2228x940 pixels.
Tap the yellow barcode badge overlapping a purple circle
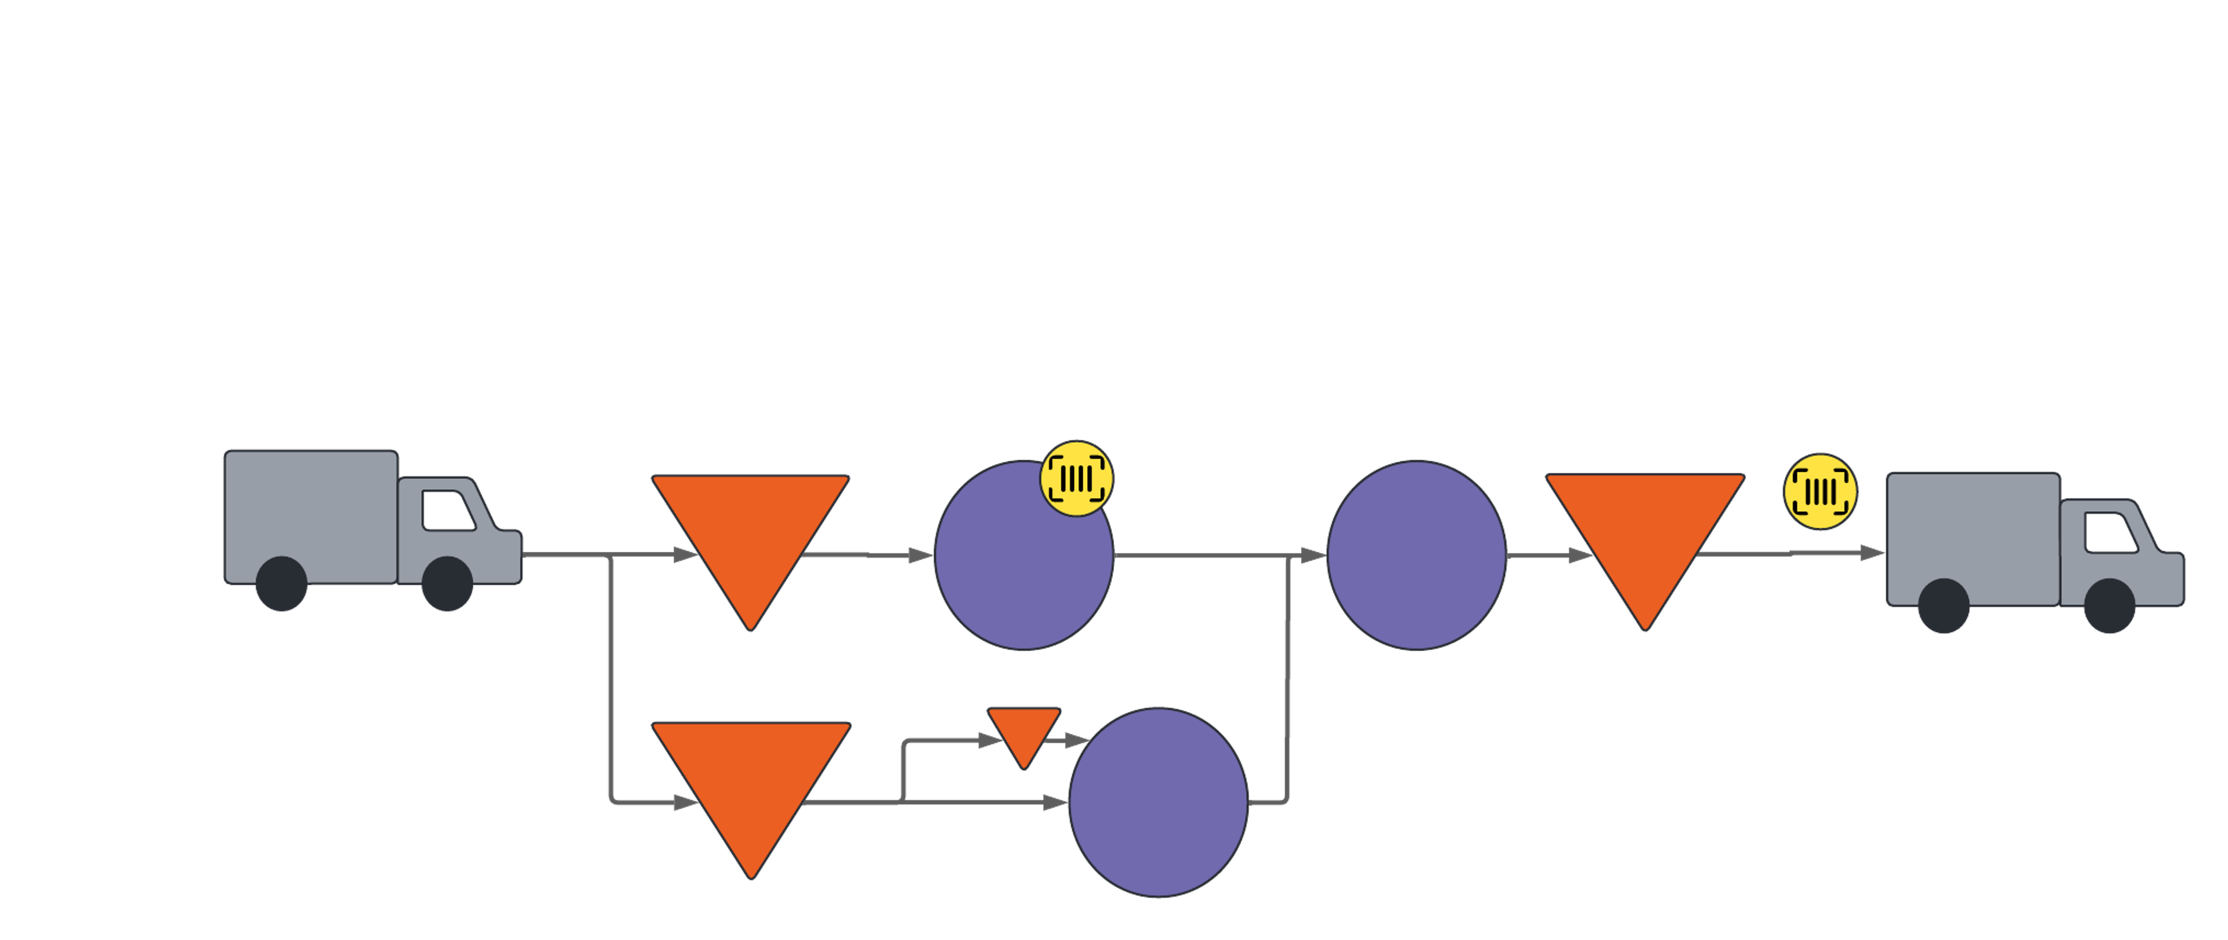coord(1076,478)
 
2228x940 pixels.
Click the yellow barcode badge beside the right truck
coord(1821,491)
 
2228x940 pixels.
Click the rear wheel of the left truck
coord(281,584)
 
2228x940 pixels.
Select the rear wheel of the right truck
coord(1944,605)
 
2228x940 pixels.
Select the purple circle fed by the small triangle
coord(1158,802)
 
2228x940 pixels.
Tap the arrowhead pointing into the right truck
coord(1872,552)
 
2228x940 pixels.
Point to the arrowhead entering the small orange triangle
coord(989,740)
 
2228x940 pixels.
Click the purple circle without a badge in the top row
coord(1416,555)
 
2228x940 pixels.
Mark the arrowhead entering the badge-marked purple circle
coord(920,555)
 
